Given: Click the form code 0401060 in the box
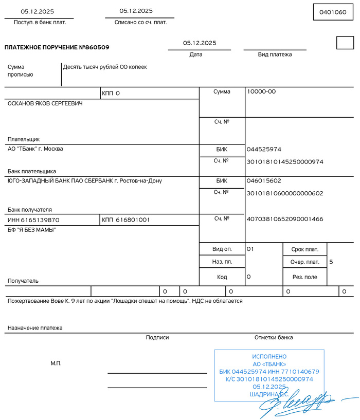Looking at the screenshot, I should click(x=333, y=12).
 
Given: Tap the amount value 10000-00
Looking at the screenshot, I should click(x=261, y=92).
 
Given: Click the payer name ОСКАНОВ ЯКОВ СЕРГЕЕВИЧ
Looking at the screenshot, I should click(x=45, y=103).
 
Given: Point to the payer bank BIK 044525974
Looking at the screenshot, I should click(x=264, y=150).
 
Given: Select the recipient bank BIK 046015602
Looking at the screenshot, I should click(x=264, y=181).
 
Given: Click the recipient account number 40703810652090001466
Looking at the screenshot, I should click(x=285, y=219).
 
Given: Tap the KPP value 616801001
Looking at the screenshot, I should click(x=133, y=220).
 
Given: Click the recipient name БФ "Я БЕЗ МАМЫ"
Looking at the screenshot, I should click(x=31, y=230).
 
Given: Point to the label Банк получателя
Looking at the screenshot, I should click(x=29, y=210).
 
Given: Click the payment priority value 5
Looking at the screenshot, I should click(x=331, y=262).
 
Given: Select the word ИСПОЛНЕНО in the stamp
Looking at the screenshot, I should click(x=269, y=356).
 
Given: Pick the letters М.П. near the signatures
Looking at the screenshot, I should click(x=56, y=363).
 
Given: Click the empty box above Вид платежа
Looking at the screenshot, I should click(x=345, y=43).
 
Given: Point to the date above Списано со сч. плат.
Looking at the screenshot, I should click(x=136, y=11).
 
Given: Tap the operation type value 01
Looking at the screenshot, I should click(x=250, y=249).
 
